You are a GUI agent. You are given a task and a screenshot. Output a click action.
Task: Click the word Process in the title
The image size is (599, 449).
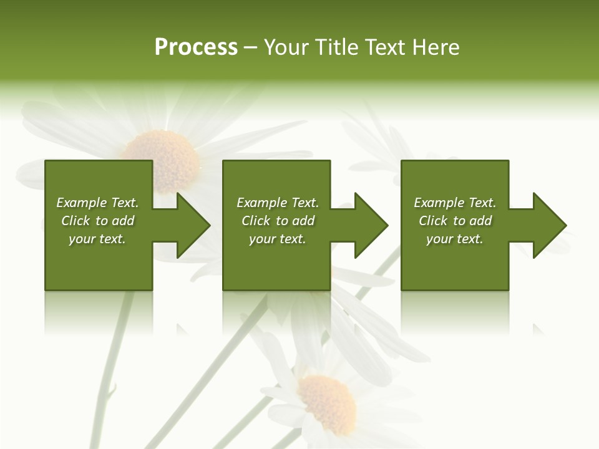coord(196,47)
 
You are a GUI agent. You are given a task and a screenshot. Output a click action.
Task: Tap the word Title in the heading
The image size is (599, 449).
coord(336,47)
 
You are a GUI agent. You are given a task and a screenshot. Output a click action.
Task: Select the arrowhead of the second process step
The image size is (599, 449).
coord(370,225)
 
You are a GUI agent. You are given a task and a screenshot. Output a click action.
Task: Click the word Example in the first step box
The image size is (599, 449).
coord(81,203)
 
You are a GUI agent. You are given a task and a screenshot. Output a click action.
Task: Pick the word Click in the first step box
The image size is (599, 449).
coord(75,221)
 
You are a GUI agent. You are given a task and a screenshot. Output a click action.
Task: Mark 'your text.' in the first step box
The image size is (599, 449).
coord(97,239)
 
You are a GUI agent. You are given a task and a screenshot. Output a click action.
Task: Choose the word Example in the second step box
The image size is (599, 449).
coord(261,203)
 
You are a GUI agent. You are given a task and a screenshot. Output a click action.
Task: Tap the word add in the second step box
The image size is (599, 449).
coord(303,221)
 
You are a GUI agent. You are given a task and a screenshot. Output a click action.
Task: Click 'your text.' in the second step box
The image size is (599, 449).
coord(277,239)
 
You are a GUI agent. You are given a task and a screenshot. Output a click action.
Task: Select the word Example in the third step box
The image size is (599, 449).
coord(439,203)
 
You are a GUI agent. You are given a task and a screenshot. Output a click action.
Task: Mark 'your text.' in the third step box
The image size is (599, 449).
coord(455,239)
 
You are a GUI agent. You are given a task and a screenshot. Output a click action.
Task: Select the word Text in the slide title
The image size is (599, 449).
coord(382,47)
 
